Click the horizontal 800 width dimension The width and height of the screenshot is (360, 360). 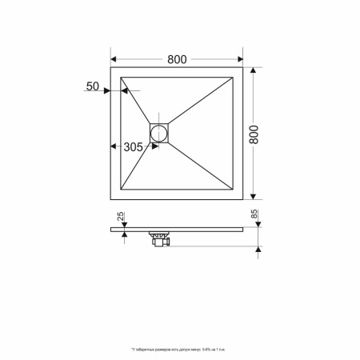(177, 58)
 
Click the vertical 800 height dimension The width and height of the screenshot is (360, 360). (254, 134)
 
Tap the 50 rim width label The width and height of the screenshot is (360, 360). (92, 86)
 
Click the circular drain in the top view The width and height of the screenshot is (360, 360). (160, 132)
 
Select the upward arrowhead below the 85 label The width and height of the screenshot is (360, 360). (256, 248)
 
